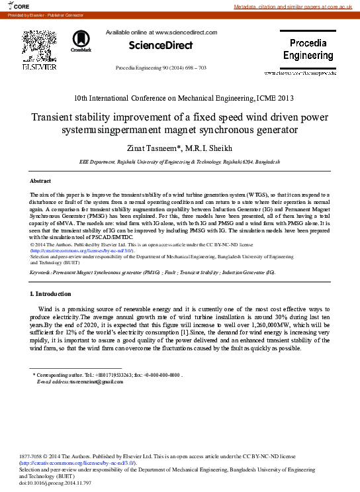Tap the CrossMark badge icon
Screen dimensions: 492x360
(81, 40)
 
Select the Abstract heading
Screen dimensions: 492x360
(40, 181)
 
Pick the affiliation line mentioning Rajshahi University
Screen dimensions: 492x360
(179, 162)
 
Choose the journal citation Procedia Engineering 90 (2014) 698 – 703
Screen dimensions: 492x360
(170, 68)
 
